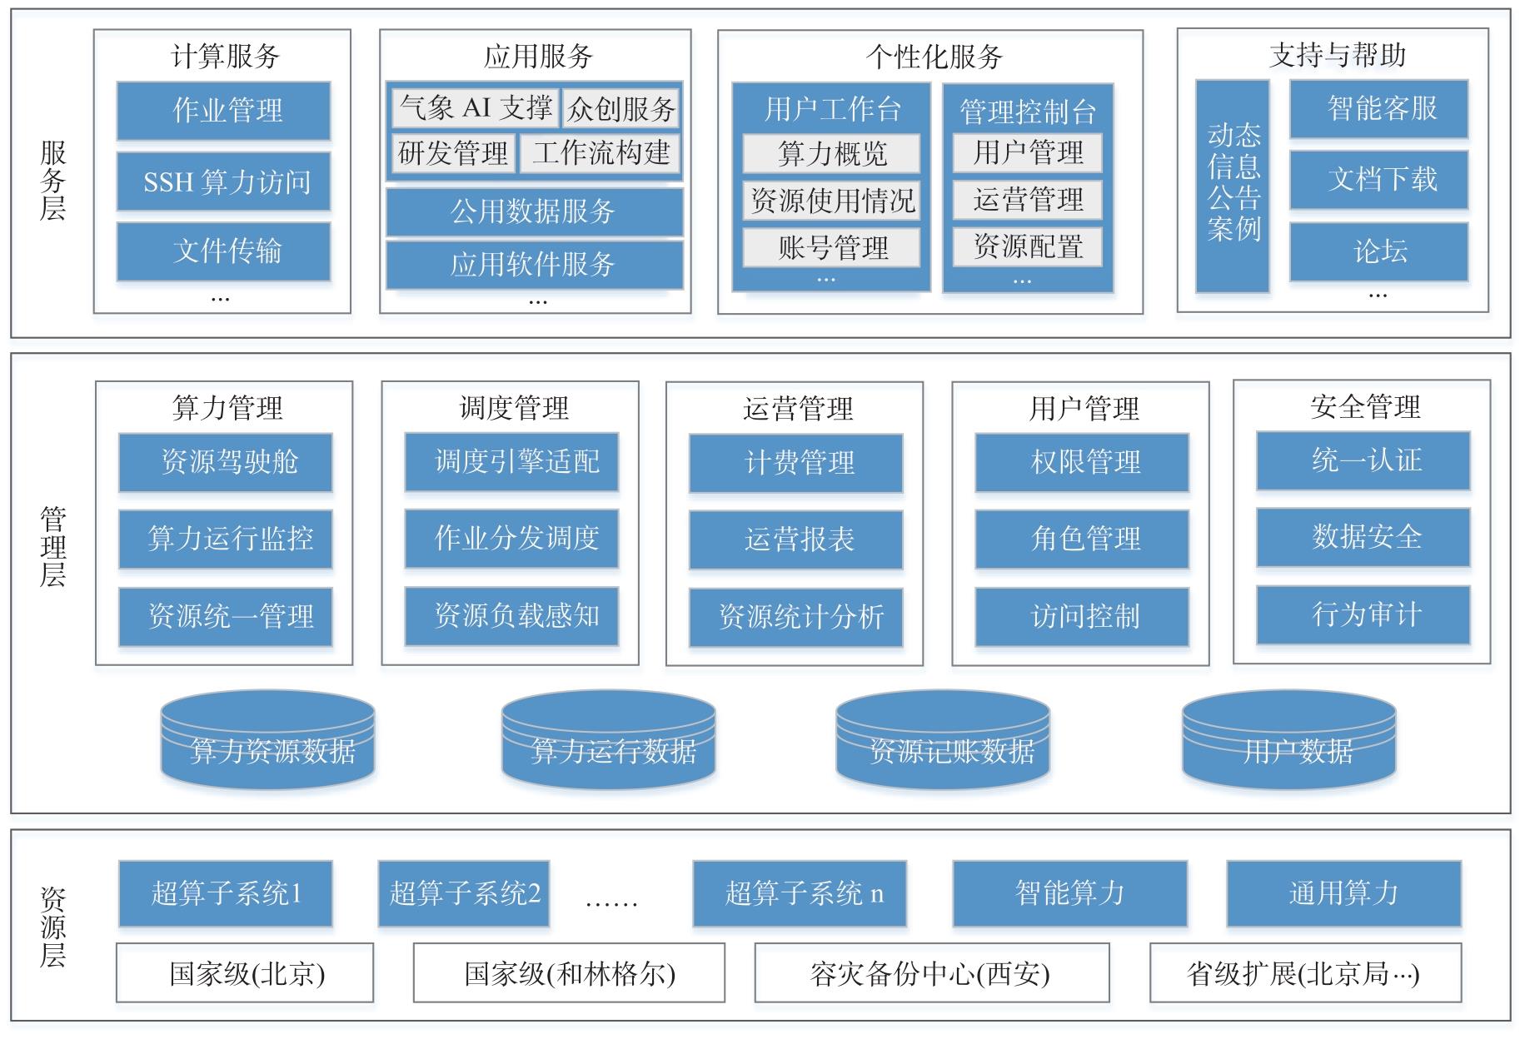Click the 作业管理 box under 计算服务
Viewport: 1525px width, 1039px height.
pos(223,111)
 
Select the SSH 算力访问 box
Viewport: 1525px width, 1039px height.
pos(223,181)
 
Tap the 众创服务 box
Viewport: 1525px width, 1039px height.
pos(621,108)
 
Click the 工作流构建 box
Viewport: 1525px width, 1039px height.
pos(600,153)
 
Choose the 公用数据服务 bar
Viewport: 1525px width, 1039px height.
pos(534,211)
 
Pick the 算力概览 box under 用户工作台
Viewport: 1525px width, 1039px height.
pos(831,153)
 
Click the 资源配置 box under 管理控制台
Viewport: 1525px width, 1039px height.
pos(1028,247)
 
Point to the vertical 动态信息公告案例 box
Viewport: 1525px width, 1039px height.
pos(1233,186)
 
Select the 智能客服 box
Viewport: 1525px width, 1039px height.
pos(1379,109)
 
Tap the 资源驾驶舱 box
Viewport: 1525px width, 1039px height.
pos(226,462)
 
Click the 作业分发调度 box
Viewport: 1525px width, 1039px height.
pos(512,539)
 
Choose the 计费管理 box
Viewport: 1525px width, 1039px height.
pos(796,464)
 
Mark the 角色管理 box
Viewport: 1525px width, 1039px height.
pos(1083,539)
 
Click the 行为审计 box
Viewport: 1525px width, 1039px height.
pos(1363,615)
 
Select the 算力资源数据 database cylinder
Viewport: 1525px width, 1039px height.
pos(267,740)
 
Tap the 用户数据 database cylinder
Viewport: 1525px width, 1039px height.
pos(1289,740)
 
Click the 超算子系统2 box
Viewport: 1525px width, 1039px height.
pos(464,894)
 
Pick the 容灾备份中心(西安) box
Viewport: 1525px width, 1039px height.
pos(932,972)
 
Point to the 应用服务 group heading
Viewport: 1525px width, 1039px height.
pos(537,57)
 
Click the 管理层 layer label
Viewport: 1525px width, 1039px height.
pos(52,547)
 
